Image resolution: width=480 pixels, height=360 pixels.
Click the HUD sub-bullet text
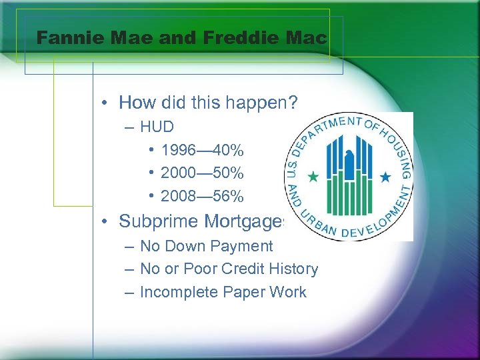[x=157, y=127]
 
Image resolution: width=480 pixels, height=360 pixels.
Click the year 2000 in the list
[x=177, y=173]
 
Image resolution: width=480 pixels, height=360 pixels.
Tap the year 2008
[x=177, y=197]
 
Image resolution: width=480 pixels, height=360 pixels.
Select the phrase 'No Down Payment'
[x=206, y=246]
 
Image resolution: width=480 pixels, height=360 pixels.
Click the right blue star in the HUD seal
[x=385, y=177]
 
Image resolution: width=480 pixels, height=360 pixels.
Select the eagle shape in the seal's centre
[x=348, y=160]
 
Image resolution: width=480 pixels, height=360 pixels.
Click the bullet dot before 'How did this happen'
[x=105, y=103]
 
